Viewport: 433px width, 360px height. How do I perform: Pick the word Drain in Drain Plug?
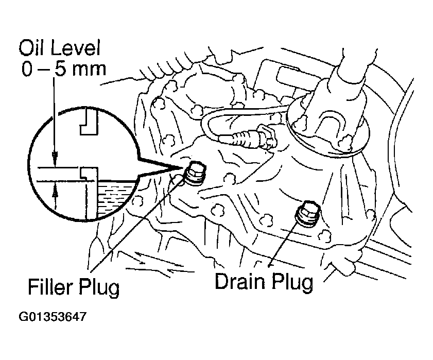click(x=240, y=282)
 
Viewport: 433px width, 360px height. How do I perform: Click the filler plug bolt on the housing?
click(x=195, y=170)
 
